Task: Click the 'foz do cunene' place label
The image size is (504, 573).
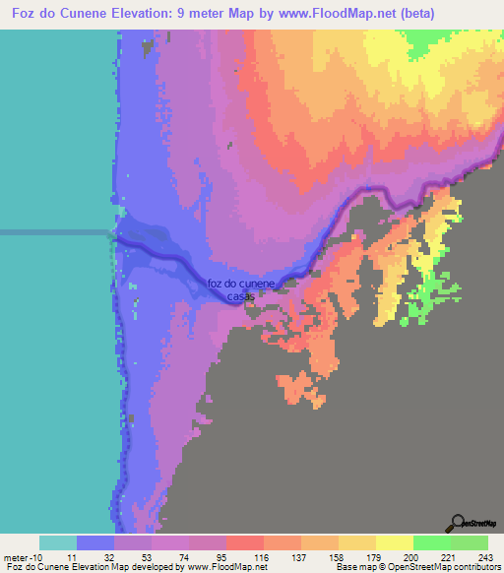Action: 242,285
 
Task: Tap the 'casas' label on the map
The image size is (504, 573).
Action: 242,296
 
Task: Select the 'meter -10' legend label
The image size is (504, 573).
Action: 23,558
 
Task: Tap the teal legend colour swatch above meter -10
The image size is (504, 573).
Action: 58,542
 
